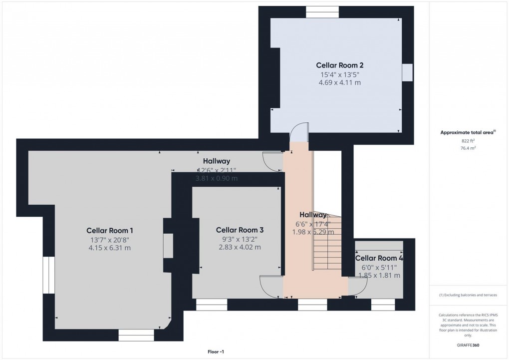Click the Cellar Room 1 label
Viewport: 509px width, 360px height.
coord(109,231)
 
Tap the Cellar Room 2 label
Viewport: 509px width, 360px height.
coord(339,65)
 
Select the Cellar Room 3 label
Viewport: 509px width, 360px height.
coord(240,230)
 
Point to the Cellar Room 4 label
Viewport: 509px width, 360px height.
coord(379,258)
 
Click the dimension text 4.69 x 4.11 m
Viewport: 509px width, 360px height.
coord(339,82)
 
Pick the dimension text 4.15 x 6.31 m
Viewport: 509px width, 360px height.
coord(109,248)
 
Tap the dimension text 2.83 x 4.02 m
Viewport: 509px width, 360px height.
coord(240,247)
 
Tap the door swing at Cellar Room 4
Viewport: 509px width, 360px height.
coord(358,286)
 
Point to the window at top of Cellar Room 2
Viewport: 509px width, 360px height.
coord(322,11)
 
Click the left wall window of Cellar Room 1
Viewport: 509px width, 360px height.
coord(48,275)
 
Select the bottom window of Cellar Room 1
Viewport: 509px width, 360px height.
coord(136,335)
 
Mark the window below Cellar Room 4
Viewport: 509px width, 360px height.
coord(383,305)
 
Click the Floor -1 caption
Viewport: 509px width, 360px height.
coord(216,352)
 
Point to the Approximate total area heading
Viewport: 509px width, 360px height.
coord(467,132)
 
